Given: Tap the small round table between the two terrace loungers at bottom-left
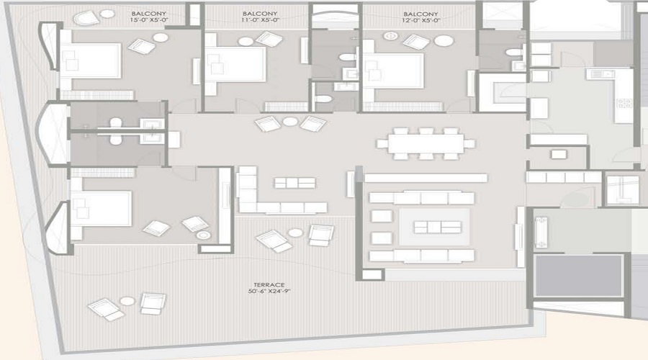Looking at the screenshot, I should pos(127,301).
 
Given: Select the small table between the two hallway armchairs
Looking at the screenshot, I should pos(289,122).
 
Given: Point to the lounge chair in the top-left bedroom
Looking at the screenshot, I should pos(141,47).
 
